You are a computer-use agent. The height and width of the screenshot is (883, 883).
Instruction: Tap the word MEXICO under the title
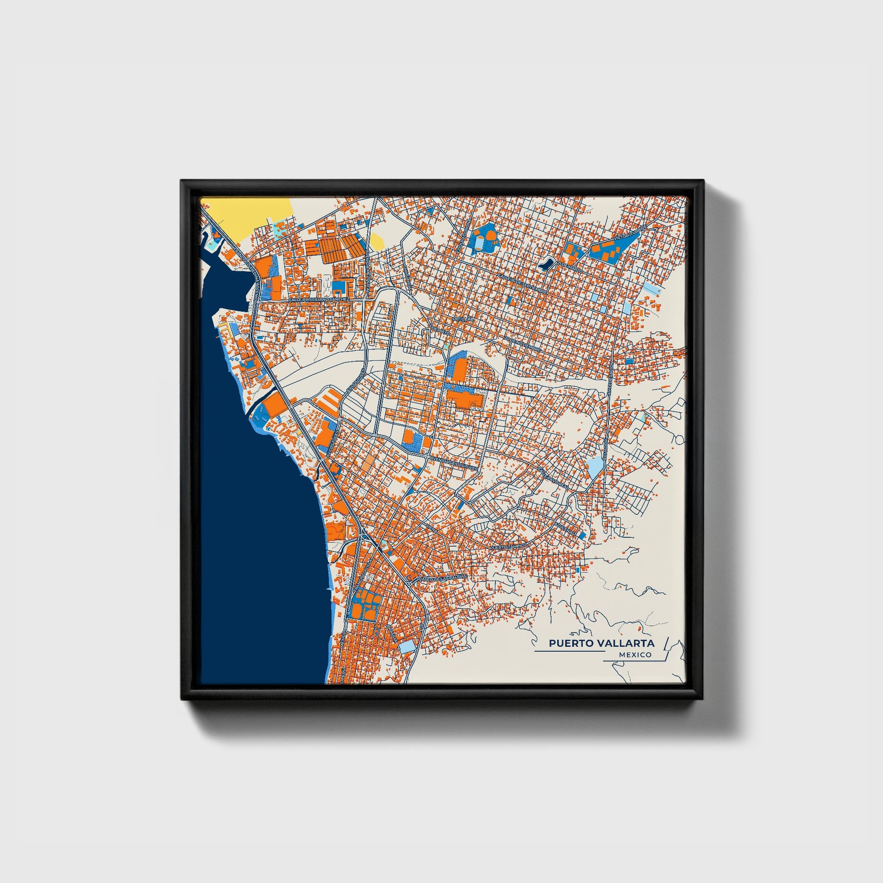635,655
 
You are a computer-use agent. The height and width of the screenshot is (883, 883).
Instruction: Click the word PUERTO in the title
567,643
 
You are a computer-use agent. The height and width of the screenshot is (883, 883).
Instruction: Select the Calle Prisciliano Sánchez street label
319,299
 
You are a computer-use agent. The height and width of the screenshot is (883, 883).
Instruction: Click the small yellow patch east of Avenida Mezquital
377,241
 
